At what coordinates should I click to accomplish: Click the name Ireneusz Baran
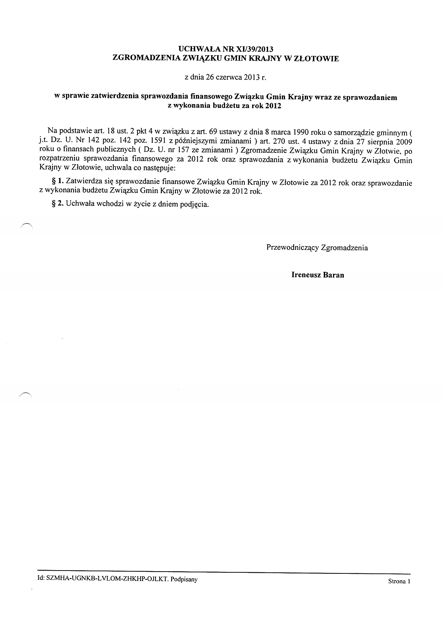(318, 275)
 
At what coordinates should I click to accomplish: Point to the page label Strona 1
(399, 581)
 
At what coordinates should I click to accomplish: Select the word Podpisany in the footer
(184, 579)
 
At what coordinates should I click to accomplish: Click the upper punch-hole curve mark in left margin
(27, 225)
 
